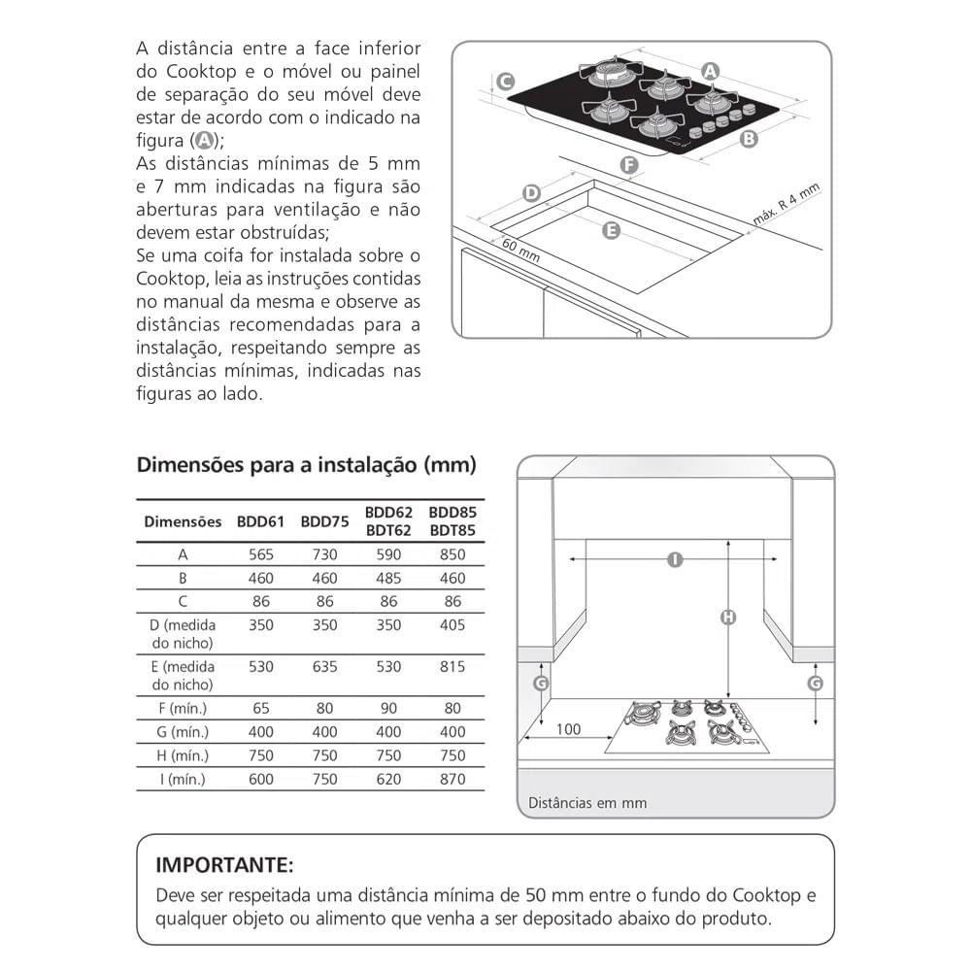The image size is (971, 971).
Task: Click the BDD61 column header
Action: [260, 521]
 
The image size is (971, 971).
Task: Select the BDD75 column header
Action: [324, 521]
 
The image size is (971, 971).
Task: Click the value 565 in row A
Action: [260, 554]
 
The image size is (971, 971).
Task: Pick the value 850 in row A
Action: [452, 554]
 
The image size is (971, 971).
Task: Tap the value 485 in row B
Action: [388, 578]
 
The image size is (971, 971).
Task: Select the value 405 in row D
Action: [452, 625]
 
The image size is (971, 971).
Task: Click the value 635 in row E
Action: [324, 667]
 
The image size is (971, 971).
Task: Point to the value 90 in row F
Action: [388, 709]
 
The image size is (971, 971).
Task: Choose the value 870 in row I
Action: [452, 779]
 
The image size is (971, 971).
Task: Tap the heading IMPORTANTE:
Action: [224, 865]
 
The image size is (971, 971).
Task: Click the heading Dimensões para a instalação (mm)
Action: [306, 465]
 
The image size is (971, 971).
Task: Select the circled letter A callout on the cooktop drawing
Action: [710, 71]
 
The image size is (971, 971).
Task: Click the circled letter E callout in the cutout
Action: [611, 230]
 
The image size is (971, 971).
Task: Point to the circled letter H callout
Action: [727, 617]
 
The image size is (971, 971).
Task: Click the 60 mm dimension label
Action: [520, 250]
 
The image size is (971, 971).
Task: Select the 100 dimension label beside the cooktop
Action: [569, 729]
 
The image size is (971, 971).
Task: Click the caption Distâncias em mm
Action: [587, 803]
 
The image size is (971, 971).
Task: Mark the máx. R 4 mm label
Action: [787, 206]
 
